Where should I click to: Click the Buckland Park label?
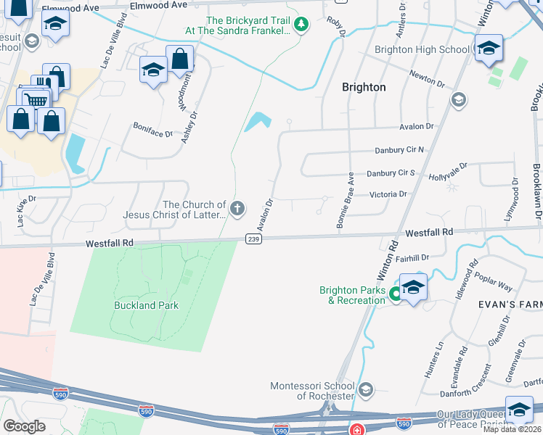tap(146, 305)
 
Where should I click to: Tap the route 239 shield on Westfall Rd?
tap(253, 239)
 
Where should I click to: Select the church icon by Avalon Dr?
tap(237, 210)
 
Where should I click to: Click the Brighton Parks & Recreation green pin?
tap(395, 294)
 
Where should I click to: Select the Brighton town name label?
tap(364, 87)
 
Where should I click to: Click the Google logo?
tap(24, 426)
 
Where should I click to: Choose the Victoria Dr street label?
tap(388, 194)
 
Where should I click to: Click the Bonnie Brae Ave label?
tap(344, 202)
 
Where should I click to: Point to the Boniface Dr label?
tap(152, 133)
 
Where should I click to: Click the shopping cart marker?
tap(36, 99)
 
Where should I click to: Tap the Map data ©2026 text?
tap(512, 429)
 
